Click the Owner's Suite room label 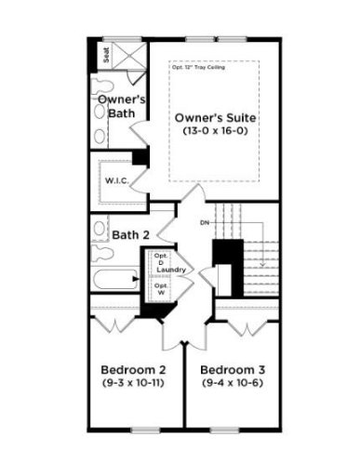tap(215, 118)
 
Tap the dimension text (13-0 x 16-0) tap(215, 133)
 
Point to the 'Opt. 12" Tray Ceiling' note tap(203, 68)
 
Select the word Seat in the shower tap(106, 56)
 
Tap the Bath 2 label tap(131, 235)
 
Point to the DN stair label tap(205, 224)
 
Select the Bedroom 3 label tap(231, 367)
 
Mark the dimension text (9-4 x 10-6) tap(231, 382)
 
